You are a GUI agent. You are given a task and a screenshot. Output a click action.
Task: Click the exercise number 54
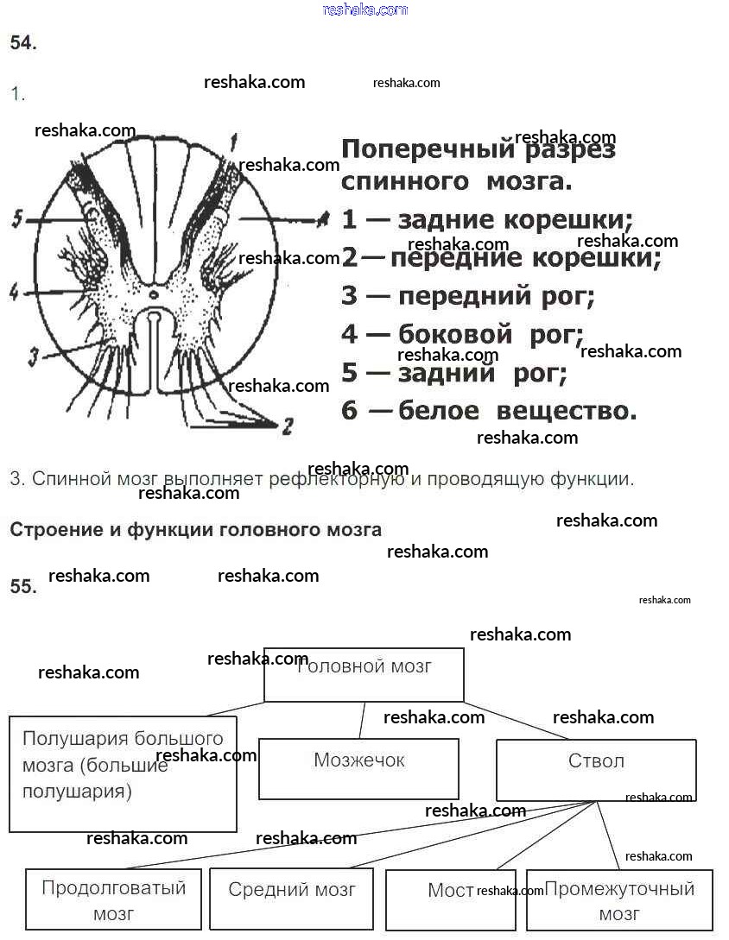(x=22, y=44)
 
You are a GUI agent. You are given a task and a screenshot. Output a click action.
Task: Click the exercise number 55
(x=22, y=587)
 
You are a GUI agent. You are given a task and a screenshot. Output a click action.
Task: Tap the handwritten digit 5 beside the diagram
(x=17, y=220)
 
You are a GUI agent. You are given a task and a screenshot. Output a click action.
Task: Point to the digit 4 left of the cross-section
(x=14, y=292)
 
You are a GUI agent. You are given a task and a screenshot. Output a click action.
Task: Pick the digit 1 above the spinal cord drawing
(x=233, y=138)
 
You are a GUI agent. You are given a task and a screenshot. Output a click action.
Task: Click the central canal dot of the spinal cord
(x=153, y=295)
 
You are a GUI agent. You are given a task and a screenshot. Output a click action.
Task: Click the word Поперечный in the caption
(x=427, y=149)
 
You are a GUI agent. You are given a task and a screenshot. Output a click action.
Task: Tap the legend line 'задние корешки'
(x=488, y=219)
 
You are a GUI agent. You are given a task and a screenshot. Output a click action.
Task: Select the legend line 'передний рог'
(x=469, y=296)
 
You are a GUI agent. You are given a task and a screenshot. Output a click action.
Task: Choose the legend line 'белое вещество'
(x=489, y=410)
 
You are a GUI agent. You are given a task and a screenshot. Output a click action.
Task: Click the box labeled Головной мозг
(x=364, y=674)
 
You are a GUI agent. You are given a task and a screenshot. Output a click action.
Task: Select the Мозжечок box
(x=358, y=768)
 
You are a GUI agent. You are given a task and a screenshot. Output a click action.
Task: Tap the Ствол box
(x=596, y=769)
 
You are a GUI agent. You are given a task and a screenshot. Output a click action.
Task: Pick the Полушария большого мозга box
(x=123, y=773)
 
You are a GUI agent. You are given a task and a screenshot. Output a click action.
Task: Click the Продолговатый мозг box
(x=113, y=899)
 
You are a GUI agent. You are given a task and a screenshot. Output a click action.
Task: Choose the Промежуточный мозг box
(x=618, y=900)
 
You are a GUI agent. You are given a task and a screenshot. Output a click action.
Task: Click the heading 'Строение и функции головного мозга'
(x=195, y=529)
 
